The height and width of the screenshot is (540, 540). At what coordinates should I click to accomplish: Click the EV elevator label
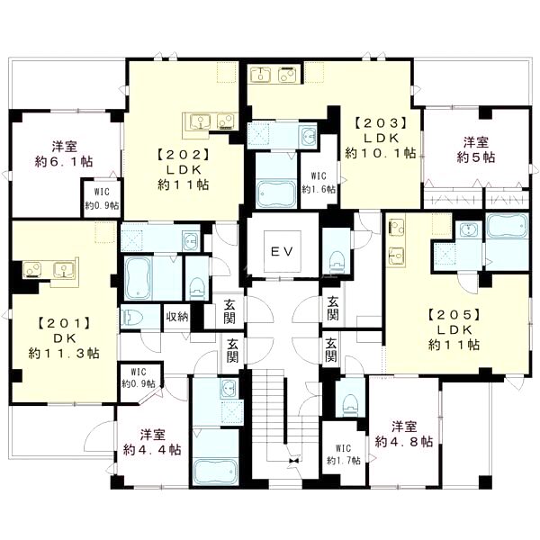282,251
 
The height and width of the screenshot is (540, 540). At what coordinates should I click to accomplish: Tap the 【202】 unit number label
184,155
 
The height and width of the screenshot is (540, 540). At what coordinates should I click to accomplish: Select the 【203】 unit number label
381,123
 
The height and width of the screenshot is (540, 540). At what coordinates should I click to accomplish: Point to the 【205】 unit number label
454,314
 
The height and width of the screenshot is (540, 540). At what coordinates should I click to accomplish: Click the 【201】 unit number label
65,323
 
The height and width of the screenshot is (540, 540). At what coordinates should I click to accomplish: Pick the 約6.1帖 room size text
64,161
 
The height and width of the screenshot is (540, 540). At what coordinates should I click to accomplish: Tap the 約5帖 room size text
476,157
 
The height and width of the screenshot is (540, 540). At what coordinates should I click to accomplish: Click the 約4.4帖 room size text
152,450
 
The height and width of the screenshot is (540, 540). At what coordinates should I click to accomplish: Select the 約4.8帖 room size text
404,442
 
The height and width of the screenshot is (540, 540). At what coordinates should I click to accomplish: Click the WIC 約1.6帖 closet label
319,183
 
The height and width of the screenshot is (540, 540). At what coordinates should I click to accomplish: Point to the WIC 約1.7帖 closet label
344,454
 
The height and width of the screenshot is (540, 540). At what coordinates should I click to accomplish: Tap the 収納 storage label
177,317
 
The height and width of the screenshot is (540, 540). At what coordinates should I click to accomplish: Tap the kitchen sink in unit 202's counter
200,122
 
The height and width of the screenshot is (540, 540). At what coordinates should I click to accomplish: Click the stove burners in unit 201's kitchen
32,269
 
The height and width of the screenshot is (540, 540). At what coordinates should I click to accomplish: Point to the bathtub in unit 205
508,226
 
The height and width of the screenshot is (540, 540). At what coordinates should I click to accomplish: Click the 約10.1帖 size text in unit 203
381,153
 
